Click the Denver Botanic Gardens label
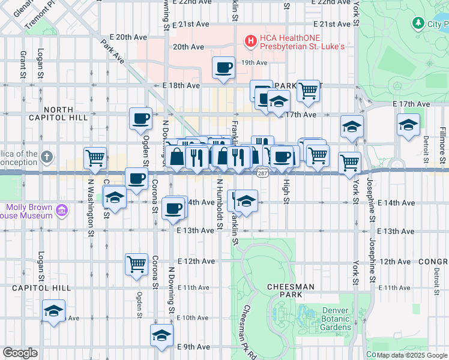click(336, 319)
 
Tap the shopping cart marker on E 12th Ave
click(137, 263)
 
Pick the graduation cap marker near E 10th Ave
click(54, 311)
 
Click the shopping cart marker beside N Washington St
click(95, 158)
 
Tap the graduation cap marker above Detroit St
click(408, 125)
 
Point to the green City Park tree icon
click(418, 23)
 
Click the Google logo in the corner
click(20, 352)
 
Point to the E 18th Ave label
click(181, 86)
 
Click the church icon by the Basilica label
click(47, 157)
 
